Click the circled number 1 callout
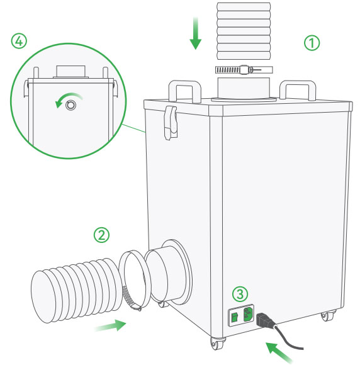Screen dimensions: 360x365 coord(312,43)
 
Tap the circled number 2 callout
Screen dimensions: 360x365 coord(101,235)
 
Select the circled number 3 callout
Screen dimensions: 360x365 coord(240,295)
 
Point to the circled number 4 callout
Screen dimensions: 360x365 coord(19,42)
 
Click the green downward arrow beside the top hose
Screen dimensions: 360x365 coord(195,34)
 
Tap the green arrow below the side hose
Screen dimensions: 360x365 coord(111,325)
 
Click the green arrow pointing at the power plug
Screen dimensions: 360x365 coord(279,352)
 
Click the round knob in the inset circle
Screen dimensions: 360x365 coord(70,105)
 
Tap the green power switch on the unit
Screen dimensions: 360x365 coord(235,317)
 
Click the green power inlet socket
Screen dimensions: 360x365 coord(248,315)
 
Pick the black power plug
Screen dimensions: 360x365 coord(264,320)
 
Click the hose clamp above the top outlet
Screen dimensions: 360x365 coord(244,70)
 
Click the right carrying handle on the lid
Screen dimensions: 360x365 coord(298,91)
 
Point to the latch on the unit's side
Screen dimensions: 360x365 coord(171,123)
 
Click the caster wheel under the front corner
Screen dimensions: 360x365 coord(217,344)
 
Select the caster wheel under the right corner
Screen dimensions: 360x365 coord(327,316)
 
